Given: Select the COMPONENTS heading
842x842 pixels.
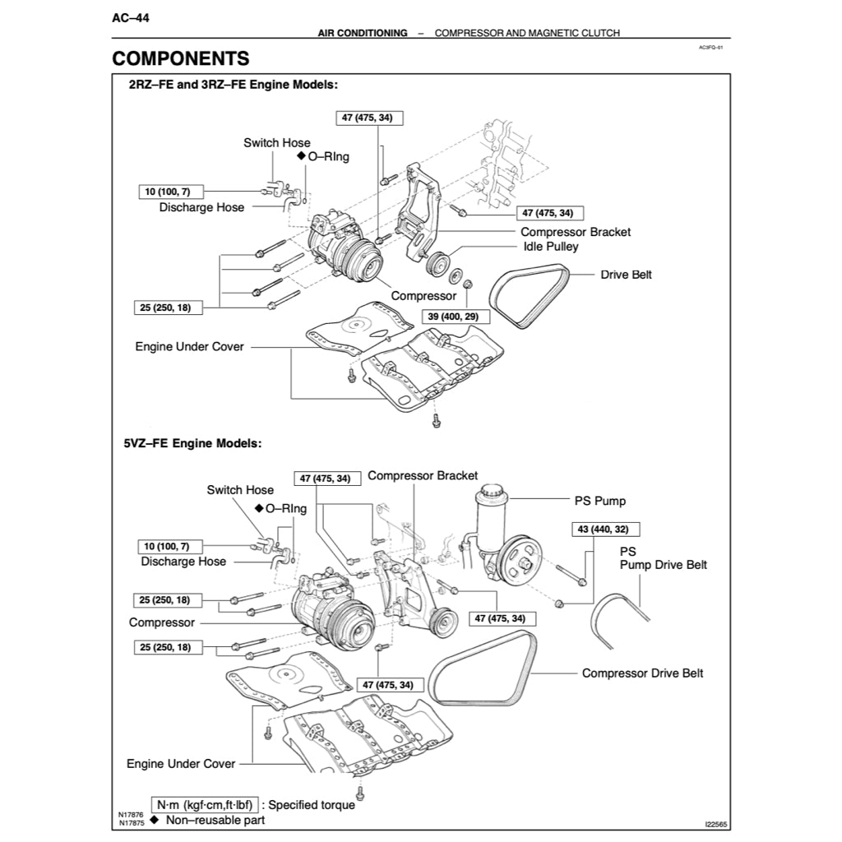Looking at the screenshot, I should coord(181,58).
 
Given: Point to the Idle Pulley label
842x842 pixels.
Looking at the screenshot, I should coord(551,247).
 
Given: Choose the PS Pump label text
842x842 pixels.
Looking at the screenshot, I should coord(599,500).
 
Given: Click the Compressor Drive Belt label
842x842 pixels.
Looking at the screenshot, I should coord(642,673).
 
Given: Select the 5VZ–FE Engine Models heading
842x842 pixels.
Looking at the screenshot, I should coord(192,443).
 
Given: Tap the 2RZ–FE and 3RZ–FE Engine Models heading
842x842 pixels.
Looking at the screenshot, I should coord(233,85).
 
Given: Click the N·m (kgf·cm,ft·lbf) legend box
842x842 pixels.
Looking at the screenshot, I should coord(206,804).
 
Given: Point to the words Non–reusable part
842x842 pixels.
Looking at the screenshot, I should coord(215,820).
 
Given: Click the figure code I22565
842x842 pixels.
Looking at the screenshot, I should coord(716,824).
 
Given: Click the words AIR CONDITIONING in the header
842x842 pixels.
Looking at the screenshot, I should coord(363,33).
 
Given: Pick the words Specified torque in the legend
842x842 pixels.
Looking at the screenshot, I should coord(312,805).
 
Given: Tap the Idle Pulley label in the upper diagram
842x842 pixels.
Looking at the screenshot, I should coord(551,247).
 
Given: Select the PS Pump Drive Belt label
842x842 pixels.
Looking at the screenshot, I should coord(663,558).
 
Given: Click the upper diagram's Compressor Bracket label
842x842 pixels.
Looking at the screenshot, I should coord(576,232).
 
